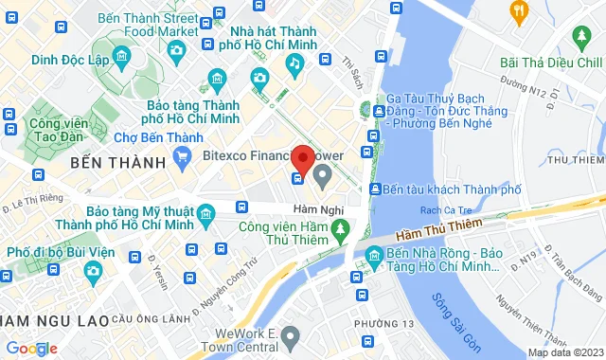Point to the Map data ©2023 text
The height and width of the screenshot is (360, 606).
point(565,352)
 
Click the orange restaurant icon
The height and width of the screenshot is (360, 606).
point(518,11)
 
